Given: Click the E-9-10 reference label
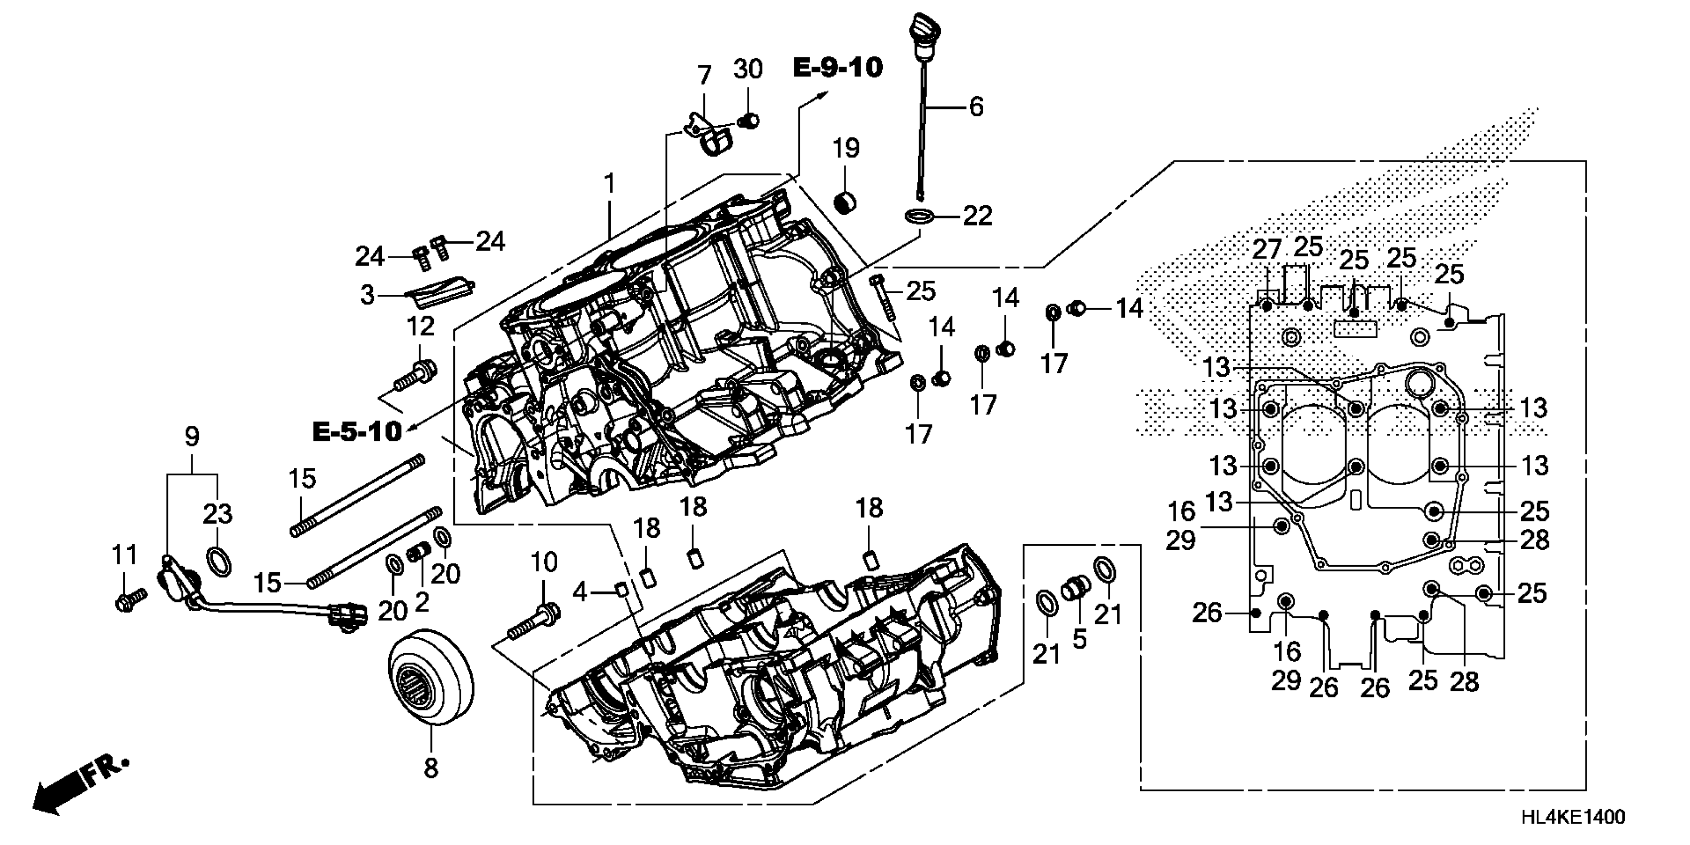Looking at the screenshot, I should click(838, 68).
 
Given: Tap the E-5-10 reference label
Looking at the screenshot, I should click(357, 431).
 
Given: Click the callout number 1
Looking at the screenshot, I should click(609, 184).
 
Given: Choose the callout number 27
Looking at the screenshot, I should click(1266, 250).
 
